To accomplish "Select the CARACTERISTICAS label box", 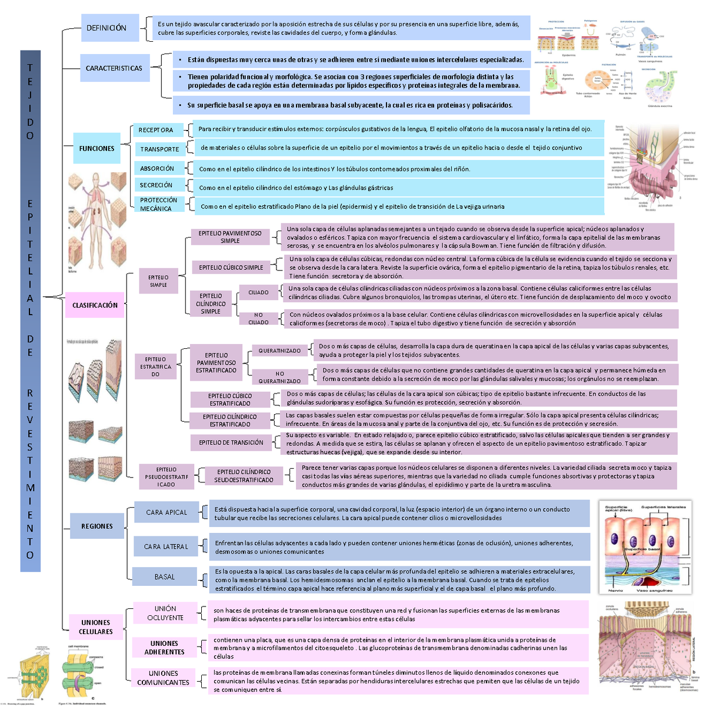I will [114, 68].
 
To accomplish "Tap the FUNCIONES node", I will [97, 149].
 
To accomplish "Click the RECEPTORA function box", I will [156, 130].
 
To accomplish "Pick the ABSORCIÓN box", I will [157, 168].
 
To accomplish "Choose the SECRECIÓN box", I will [156, 185].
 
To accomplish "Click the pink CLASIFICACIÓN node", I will [95, 305].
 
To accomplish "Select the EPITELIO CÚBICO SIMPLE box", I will [231, 268].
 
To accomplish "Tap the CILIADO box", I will [258, 292].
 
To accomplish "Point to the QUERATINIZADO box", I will [279, 351].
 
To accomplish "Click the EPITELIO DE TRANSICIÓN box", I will [231, 442].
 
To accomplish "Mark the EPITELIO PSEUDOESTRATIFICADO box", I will [166, 477].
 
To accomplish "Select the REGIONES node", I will [97, 526].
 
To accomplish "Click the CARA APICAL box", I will [166, 512].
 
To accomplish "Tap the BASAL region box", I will [165, 577].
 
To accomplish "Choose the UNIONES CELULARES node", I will [95, 627].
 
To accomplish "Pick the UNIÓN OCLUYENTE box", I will [165, 613].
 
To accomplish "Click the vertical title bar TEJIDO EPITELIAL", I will [30, 311].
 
